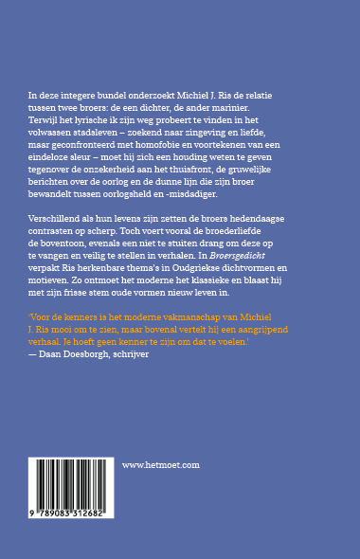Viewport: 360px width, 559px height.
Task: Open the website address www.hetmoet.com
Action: point(162,465)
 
